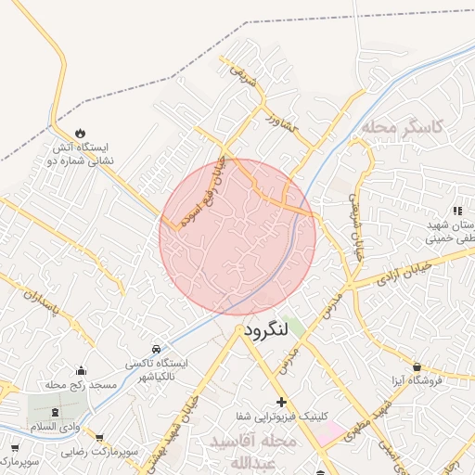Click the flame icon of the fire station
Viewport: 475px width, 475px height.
pos(81,133)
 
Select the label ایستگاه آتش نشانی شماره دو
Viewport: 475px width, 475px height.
pos(81,154)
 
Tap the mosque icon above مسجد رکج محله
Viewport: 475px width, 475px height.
pos(82,370)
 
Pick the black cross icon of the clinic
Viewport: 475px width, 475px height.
pos(281,401)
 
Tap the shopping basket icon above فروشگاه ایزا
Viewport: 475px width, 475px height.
pos(417,367)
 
